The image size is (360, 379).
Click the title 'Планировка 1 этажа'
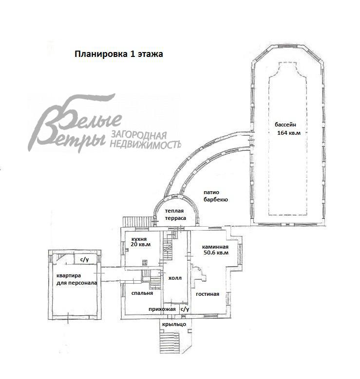pos(119,54)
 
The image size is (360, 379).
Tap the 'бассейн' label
pos(285,125)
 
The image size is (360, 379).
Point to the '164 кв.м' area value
pos(289,133)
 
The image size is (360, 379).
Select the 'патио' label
pos(211,192)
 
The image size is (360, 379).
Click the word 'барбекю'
pos(215,199)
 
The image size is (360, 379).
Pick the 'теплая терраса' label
pos(175,215)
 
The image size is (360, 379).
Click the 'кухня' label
pos(139,239)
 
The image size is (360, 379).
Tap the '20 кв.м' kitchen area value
pos(140,244)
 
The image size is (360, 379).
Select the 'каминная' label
pos(215,247)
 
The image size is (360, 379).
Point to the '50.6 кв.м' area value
pos(216,253)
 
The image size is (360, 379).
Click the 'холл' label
pos(175,278)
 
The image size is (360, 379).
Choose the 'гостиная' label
pos(208,294)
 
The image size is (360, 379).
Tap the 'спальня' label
pos(142,293)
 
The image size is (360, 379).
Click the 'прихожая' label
pos(162,309)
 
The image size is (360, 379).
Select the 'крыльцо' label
pos(174,325)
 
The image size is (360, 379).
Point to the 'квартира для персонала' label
pos(76,279)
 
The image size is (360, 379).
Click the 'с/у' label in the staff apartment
pos(84,260)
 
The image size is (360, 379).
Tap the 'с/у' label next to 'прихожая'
pos(185,309)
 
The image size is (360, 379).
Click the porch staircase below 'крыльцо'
pos(170,342)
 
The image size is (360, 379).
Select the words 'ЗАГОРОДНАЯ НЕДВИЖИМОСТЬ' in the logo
pos(146,140)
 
